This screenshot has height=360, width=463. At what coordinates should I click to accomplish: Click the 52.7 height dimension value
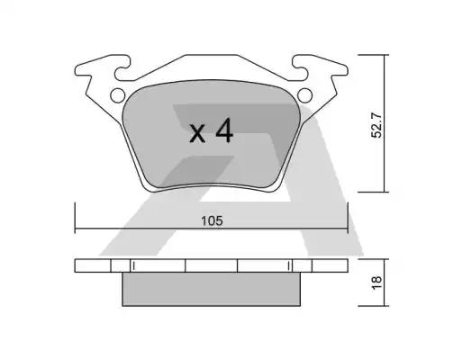(377, 124)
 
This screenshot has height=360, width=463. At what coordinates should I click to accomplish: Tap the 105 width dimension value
(212, 221)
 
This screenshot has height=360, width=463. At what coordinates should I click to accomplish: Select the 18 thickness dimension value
(377, 283)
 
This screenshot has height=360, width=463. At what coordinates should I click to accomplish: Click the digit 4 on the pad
(224, 130)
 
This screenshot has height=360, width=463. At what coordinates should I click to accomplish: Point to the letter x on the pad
(197, 133)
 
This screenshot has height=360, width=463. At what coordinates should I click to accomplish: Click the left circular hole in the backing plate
(117, 95)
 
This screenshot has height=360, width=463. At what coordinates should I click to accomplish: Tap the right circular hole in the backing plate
(304, 95)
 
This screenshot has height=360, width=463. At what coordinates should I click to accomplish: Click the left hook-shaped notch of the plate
(123, 68)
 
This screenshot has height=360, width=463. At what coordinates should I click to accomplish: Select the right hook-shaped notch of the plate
(300, 68)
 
